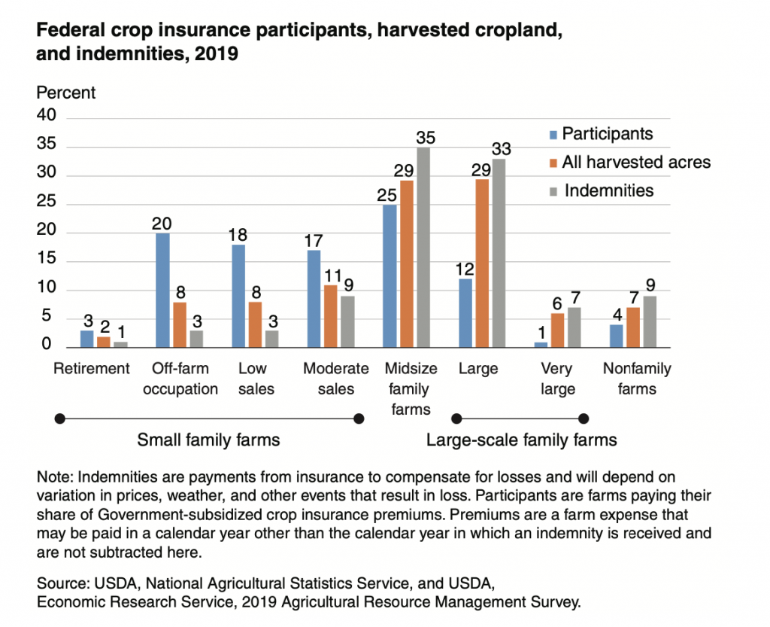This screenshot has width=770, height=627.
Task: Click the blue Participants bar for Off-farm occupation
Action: coord(163,290)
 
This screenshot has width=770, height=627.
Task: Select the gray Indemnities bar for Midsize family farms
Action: coord(423,247)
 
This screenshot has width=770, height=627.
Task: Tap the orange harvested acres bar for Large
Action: coord(480,263)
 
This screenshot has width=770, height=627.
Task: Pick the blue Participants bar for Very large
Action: coord(541,344)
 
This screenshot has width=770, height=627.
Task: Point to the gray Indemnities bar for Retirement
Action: coord(120,344)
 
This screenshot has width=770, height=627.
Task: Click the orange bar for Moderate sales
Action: coord(331,315)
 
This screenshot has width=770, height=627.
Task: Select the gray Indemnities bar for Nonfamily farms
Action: coord(650,321)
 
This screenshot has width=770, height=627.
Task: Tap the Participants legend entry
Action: coord(608,134)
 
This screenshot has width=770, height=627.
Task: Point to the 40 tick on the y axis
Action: coord(46,119)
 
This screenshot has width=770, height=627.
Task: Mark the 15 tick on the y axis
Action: coord(46,261)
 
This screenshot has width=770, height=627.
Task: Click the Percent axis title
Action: coord(66,93)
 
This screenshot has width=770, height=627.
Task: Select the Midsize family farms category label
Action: coord(407,388)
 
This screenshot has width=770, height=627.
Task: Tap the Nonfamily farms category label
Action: coord(637,379)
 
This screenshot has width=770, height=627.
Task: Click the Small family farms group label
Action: coord(208,440)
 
